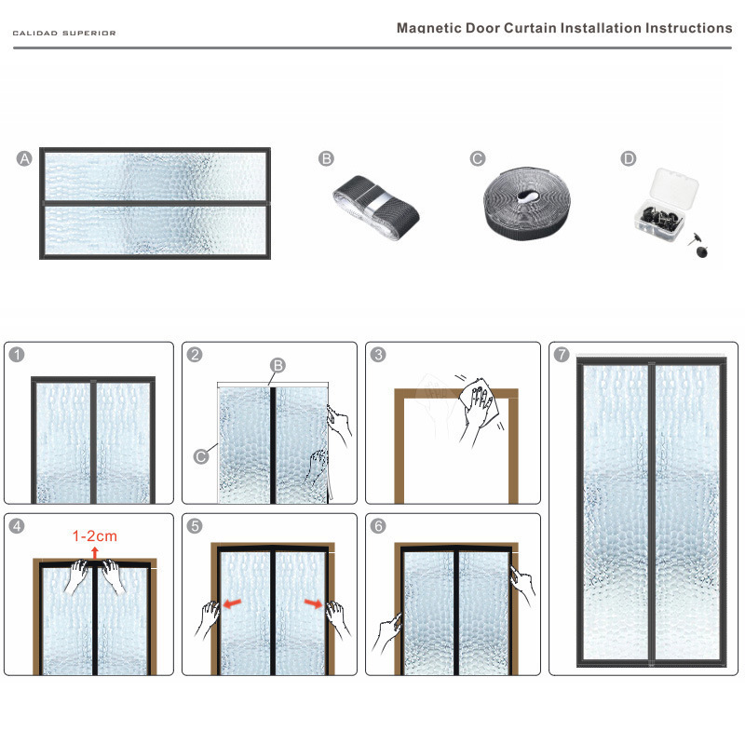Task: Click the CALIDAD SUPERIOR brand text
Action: point(64,33)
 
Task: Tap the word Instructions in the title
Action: point(688,28)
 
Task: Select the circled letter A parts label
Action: point(24,159)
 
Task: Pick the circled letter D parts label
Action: point(629,159)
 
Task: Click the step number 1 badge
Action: point(16,355)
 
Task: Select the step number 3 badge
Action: point(378,355)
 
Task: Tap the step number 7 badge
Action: point(562,355)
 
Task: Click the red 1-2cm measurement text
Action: point(95,536)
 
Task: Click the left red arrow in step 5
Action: point(234,604)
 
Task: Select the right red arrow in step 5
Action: point(314,604)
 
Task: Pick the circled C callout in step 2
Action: point(200,456)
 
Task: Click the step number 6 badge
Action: point(378,525)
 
